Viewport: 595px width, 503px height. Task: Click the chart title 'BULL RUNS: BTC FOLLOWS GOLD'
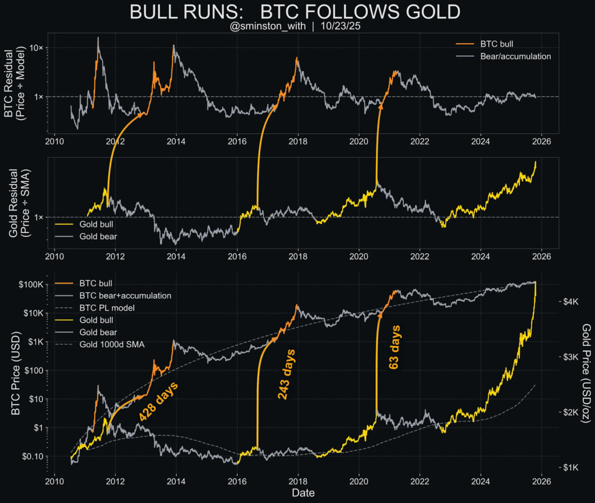tap(297, 12)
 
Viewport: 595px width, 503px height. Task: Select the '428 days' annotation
tap(159, 401)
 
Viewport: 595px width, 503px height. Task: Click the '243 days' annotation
tap(285, 374)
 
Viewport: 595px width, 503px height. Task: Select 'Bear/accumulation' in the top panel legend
tap(515, 56)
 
